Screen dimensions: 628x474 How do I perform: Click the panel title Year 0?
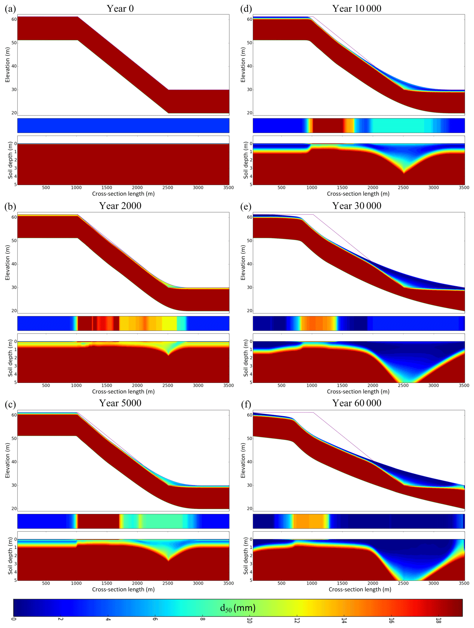coord(120,9)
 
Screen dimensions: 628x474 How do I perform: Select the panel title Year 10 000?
coord(357,9)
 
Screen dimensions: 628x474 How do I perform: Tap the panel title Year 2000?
coord(120,206)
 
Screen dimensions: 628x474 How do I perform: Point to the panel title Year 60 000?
coord(357,403)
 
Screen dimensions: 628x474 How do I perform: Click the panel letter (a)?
coord(11,9)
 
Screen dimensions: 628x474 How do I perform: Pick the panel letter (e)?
coord(246,206)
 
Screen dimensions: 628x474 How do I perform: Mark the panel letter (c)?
coord(11,404)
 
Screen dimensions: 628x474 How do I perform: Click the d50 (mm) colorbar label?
coord(238,607)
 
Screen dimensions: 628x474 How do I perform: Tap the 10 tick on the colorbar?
coord(250,620)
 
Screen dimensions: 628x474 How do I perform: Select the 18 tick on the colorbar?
coord(438,620)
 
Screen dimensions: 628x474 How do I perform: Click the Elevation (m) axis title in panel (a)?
coord(8,65)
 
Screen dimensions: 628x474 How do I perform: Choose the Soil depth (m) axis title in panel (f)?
coord(246,556)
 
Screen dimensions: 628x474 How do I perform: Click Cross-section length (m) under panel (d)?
coord(358,194)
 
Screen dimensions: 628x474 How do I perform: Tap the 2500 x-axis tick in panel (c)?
coord(168,583)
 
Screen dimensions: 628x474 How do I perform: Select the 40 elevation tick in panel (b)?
coord(14,264)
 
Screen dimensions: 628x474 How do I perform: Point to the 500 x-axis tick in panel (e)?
coord(281,385)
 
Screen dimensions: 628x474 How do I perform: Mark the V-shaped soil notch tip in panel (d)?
coord(404,173)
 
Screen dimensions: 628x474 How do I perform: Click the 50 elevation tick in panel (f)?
coord(250,438)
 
